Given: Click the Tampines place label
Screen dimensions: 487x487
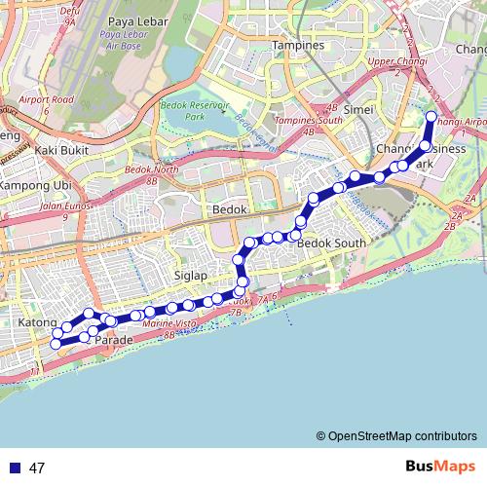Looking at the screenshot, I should pyautogui.click(x=298, y=45).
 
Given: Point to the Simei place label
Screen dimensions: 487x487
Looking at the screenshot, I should pyautogui.click(x=359, y=109).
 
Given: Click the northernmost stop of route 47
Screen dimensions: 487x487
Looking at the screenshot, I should pyautogui.click(x=431, y=117).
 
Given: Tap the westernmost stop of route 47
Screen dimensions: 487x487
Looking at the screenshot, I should pyautogui.click(x=56, y=343).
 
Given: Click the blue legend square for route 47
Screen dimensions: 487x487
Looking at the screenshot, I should pyautogui.click(x=15, y=468).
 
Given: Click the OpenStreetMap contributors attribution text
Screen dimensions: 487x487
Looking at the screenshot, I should pyautogui.click(x=396, y=435).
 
